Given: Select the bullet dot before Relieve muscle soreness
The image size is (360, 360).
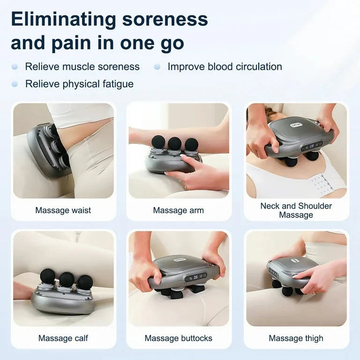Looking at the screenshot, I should tap(15, 67).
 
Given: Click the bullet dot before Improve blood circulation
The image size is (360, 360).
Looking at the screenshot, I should tap(157, 67).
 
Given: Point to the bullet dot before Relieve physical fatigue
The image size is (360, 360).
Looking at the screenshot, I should tap(15, 84).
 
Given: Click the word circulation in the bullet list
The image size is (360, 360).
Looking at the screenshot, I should tap(254, 67).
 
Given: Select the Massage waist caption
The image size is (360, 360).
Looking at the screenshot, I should tap(63, 210).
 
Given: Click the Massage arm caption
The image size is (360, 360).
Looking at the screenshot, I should tap(178, 210).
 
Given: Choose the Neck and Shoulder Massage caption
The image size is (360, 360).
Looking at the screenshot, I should tap(296, 210).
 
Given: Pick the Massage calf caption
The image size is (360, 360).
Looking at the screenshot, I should tap(63, 338).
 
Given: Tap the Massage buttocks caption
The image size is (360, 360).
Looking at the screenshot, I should tap(178, 338).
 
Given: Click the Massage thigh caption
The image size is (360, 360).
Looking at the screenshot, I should tap(296, 338).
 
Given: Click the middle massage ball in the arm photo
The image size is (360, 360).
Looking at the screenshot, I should tap(174, 143).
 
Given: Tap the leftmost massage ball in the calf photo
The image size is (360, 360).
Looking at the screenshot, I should tap(47, 276).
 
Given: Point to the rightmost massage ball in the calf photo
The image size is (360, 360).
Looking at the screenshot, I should tap(85, 282).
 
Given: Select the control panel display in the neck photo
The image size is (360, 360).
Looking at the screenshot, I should tap(312, 145).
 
